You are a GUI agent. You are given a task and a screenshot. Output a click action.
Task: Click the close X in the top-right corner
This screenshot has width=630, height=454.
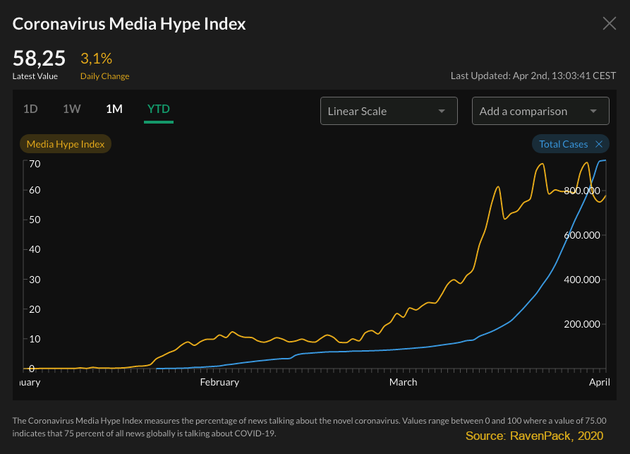610,23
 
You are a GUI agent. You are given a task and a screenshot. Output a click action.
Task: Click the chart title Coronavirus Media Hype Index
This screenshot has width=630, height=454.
129,23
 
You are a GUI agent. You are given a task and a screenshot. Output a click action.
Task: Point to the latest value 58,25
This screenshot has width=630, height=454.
39,59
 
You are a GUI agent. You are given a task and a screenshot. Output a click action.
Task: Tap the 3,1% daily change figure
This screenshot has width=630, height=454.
97,59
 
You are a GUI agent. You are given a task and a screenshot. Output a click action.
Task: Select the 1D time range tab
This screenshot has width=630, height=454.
30,109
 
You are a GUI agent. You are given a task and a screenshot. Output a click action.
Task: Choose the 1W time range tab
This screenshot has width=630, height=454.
72,109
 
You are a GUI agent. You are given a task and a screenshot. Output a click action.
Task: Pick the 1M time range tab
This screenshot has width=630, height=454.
114,109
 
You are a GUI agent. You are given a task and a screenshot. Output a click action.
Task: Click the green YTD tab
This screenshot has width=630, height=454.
158,109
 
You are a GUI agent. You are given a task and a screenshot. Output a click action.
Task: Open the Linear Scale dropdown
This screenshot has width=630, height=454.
388,111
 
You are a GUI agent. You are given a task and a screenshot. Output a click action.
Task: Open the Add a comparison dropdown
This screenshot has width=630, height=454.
540,111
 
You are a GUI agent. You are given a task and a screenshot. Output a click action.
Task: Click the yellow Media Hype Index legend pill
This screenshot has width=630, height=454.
66,144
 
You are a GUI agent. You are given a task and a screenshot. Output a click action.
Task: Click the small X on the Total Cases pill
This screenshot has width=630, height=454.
599,144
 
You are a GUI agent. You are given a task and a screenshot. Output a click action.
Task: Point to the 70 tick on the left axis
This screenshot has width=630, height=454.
35,164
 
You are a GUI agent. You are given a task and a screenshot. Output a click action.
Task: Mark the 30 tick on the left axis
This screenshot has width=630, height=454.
35,280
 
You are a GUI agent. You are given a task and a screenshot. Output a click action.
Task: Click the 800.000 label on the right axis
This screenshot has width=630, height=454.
583,191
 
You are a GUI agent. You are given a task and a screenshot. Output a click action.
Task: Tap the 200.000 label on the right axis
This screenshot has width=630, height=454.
583,325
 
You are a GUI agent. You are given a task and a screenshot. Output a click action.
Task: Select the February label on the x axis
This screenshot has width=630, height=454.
219,382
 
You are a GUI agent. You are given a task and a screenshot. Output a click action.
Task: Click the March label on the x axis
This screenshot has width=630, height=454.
403,382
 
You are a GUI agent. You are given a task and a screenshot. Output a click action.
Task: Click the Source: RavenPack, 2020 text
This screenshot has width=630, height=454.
535,436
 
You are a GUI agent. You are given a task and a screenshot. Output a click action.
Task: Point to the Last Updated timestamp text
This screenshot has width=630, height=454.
533,76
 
